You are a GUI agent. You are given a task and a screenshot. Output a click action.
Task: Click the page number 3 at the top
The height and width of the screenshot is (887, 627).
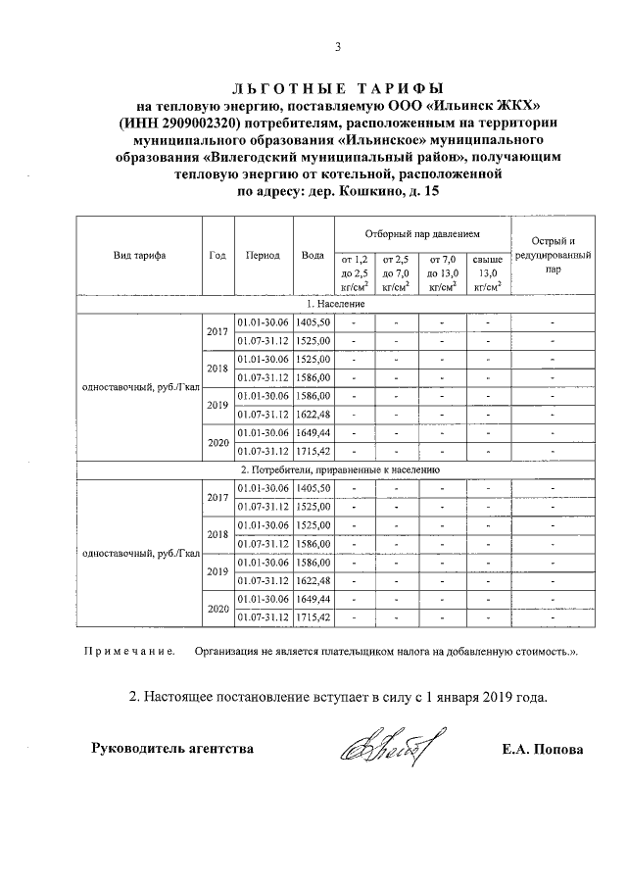coord(337,46)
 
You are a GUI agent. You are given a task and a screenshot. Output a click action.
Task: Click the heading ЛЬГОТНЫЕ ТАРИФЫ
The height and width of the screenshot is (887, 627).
coord(337,87)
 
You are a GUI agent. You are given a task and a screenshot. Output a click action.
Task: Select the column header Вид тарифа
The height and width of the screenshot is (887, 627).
coord(139,255)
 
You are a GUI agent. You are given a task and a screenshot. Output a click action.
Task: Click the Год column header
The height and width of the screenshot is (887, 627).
coord(217,255)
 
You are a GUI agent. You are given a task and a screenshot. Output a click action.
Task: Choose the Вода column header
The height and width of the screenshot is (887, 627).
coord(313,255)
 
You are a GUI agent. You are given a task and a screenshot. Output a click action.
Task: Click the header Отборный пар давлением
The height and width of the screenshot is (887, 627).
coord(422,235)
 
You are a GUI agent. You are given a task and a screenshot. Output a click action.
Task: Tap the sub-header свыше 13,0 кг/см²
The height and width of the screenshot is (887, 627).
coord(487,272)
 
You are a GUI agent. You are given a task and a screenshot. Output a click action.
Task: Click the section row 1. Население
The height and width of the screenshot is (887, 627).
coord(338,305)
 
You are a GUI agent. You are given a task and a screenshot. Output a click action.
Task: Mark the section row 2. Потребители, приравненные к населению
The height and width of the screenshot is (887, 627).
coord(338,469)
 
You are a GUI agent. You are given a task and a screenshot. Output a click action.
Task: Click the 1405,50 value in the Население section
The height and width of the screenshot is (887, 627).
coord(313,322)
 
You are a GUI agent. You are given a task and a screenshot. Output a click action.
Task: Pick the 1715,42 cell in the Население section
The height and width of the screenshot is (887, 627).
coord(313,451)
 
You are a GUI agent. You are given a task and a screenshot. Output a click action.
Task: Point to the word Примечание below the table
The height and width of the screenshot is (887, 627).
coord(129,651)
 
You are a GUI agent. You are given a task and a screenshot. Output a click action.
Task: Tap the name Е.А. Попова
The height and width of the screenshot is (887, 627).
coord(542,750)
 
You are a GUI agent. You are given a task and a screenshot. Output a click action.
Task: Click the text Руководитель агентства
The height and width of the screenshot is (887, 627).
coord(172,749)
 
